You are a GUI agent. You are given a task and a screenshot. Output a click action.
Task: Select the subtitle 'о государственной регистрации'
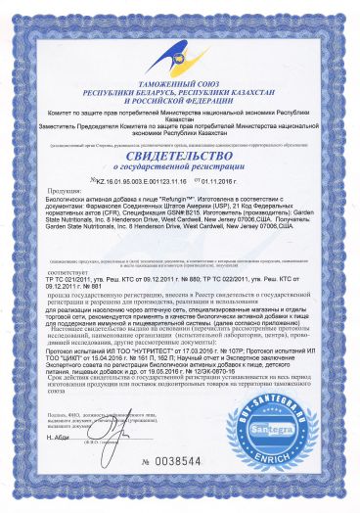point(180,169)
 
